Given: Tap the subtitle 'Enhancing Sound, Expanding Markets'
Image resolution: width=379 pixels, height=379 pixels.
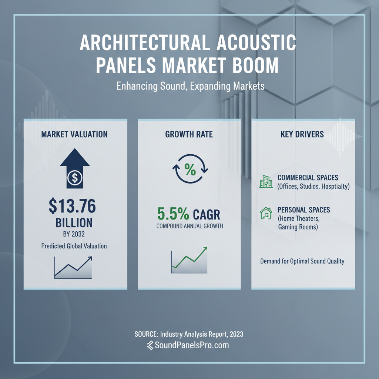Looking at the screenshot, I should pos(190,86).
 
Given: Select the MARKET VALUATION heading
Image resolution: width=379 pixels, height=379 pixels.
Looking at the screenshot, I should pos(74,134).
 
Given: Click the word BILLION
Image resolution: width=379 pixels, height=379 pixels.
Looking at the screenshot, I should pos(74,222).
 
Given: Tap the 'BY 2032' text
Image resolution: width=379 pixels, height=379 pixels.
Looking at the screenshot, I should pos(74,234).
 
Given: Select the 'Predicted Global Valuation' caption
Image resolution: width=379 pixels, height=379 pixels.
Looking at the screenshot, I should pos(74,246).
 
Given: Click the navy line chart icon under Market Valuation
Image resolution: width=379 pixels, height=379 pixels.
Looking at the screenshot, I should pos(73,267).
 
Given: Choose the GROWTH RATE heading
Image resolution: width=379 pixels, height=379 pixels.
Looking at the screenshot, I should pos(189,134).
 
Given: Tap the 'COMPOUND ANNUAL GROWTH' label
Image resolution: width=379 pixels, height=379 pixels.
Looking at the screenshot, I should pos(189,226).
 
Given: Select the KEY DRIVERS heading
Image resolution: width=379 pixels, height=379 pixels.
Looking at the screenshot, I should pos(302,134).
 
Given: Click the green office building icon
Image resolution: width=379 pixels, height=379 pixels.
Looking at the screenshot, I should pos(266,181).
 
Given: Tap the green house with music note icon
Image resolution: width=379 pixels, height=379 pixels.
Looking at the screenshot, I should pos(266,214).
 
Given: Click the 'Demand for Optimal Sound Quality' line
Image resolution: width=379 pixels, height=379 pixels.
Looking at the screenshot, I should pos(302,261).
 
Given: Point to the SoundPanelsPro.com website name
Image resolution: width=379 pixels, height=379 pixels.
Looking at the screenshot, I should pos(192,345).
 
